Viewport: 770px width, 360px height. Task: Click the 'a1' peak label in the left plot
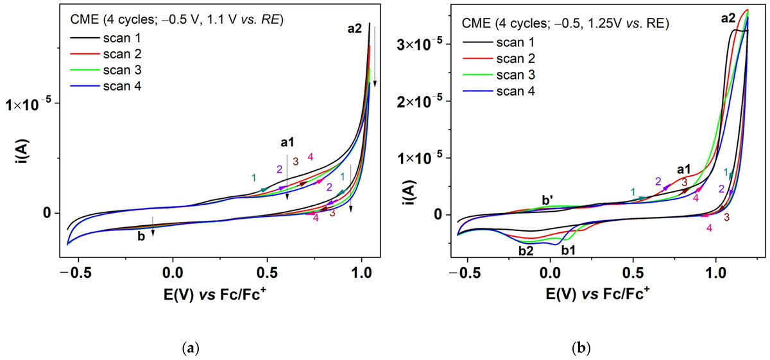coord(287,142)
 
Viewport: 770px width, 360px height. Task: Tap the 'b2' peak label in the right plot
coord(526,250)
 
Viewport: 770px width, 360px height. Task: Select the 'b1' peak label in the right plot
coord(568,250)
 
